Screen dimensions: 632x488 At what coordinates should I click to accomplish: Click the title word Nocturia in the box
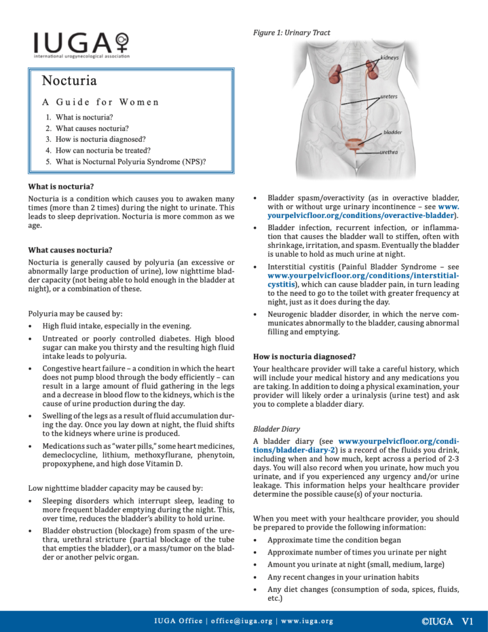click(69, 81)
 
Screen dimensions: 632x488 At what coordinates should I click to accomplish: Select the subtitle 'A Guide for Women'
click(100, 102)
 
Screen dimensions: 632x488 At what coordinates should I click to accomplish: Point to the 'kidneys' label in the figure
click(390, 58)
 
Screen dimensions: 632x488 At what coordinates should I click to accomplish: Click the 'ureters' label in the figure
click(389, 97)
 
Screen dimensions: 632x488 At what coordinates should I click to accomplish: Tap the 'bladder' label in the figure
click(391, 133)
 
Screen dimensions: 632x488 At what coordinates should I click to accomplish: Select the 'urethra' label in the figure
click(389, 153)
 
